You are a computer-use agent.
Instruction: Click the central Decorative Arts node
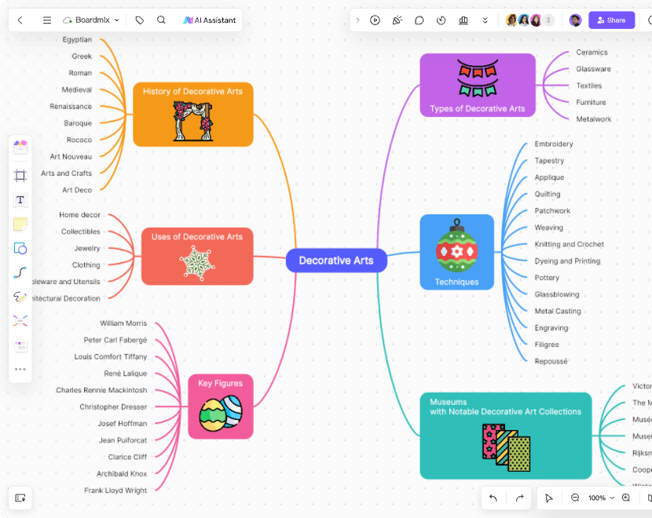[336, 261]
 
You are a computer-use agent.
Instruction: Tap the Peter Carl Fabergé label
[115, 340]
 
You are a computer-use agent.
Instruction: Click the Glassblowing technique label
[557, 294]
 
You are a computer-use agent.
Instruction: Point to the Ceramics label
[592, 53]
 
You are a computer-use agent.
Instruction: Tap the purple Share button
[611, 20]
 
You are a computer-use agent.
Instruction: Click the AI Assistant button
[210, 20]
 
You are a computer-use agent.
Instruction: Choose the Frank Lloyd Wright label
[115, 491]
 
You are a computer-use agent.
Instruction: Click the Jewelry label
[87, 248]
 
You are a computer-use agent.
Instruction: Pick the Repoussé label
[551, 361]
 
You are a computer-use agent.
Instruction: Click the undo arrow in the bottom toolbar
[493, 498]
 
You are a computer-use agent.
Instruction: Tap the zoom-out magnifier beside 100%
[575, 498]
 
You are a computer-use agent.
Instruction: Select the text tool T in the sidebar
[20, 200]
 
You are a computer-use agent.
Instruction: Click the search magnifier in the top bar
[161, 20]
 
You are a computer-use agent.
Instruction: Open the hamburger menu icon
[47, 20]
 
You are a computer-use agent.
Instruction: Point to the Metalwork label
[593, 119]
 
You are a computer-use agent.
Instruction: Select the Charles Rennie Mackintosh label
[101, 390]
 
